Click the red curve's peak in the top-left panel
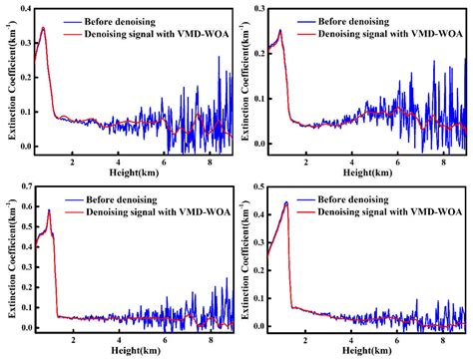point(43,28)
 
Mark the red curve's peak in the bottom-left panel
point(49,209)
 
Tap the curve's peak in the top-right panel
point(280,31)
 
